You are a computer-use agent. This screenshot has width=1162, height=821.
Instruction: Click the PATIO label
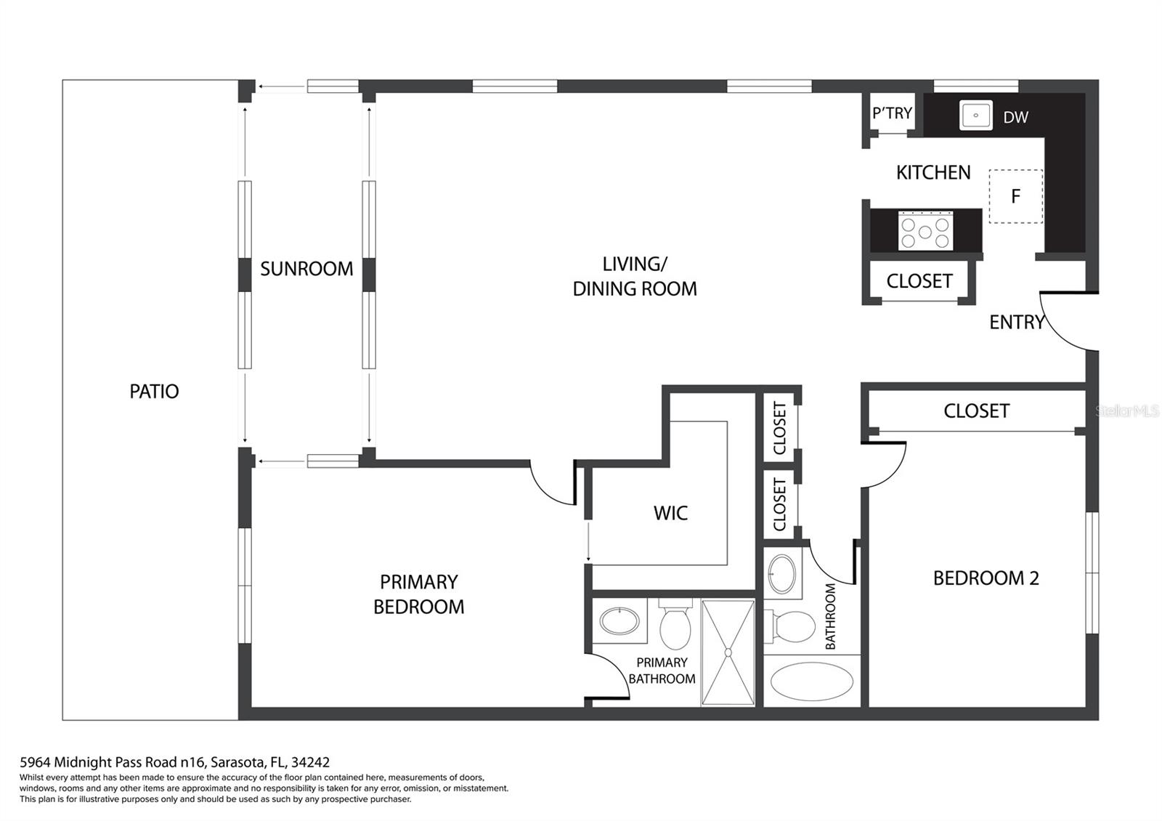pyautogui.click(x=154, y=392)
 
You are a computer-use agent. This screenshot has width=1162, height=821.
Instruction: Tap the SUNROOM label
pyautogui.click(x=306, y=269)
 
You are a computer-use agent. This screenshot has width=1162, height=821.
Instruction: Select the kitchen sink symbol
pyautogui.click(x=975, y=116)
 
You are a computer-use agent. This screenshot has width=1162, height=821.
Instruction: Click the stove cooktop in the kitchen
pyautogui.click(x=925, y=231)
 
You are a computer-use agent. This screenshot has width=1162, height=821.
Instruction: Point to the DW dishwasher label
pyautogui.click(x=1015, y=117)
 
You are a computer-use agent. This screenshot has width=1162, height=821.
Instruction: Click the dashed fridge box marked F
pyautogui.click(x=1016, y=196)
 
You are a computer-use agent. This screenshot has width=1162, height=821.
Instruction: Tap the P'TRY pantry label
pyautogui.click(x=892, y=113)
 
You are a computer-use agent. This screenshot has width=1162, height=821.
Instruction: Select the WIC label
pyautogui.click(x=670, y=513)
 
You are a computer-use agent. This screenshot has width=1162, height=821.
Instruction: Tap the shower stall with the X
pyautogui.click(x=728, y=652)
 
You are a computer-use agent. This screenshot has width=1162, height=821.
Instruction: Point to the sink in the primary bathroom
pyautogui.click(x=619, y=620)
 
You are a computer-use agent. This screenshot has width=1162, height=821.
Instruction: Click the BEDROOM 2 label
pyautogui.click(x=986, y=578)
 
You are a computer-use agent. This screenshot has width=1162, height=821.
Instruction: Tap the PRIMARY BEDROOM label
pyautogui.click(x=418, y=594)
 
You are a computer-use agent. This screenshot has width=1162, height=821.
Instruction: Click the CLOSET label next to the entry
pyautogui.click(x=919, y=281)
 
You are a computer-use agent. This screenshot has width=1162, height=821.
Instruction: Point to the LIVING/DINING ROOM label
pyautogui.click(x=635, y=276)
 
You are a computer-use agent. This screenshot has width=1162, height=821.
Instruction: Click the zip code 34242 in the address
pyautogui.click(x=310, y=762)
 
